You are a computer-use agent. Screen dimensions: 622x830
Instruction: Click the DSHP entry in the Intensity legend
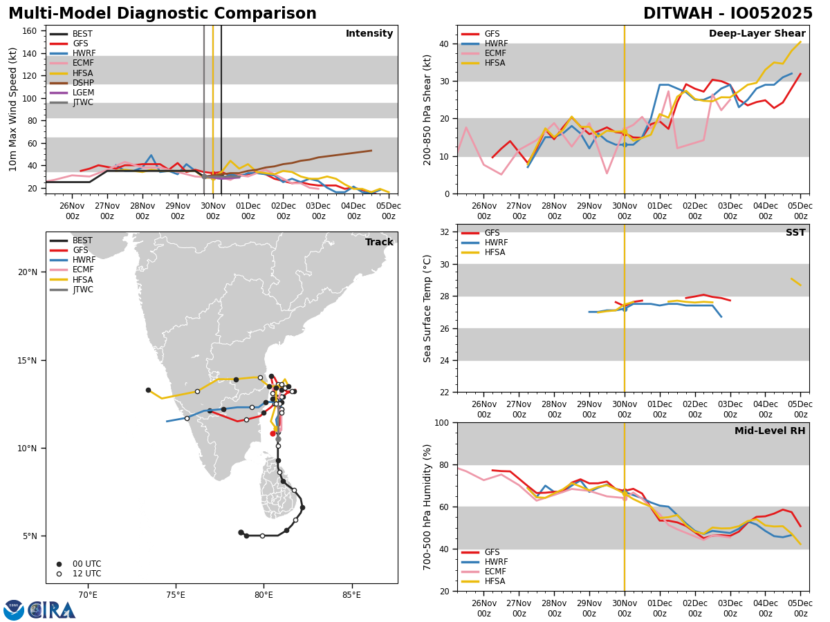[83, 83]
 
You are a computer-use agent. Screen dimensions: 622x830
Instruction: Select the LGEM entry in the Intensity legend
[83, 93]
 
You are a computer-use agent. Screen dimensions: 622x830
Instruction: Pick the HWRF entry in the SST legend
[496, 243]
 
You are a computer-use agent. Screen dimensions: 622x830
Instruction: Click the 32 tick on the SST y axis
[446, 232]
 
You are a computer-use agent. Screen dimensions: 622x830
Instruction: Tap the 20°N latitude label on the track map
[28, 272]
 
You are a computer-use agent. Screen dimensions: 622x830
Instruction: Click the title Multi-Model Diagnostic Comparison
[163, 14]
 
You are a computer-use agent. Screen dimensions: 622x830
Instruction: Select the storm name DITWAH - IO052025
[728, 14]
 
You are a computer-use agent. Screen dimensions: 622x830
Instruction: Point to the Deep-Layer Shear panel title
[757, 34]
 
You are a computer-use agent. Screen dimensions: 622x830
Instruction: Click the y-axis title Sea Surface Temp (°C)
[427, 308]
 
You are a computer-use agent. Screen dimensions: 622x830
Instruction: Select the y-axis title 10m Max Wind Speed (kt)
[13, 109]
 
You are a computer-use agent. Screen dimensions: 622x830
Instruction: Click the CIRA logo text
[52, 610]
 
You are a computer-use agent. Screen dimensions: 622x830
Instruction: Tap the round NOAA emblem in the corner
[14, 610]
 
